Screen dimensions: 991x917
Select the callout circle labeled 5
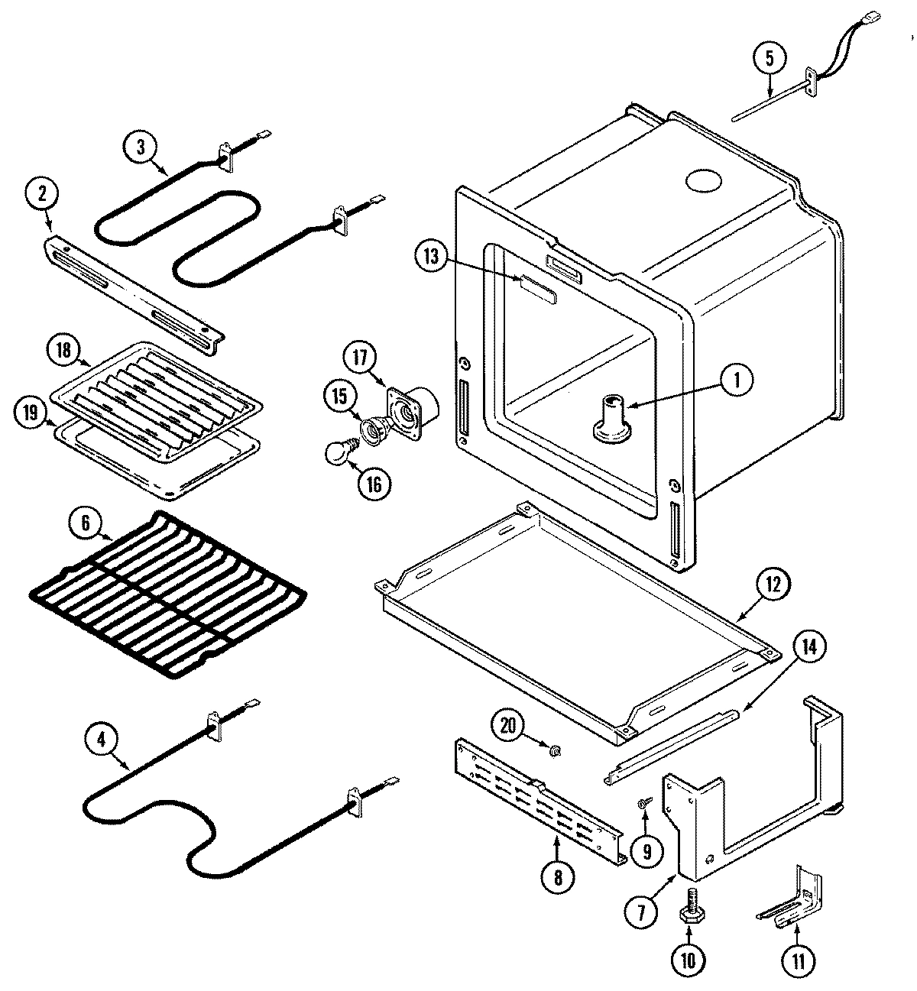point(769,57)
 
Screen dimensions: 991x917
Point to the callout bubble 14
point(808,646)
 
